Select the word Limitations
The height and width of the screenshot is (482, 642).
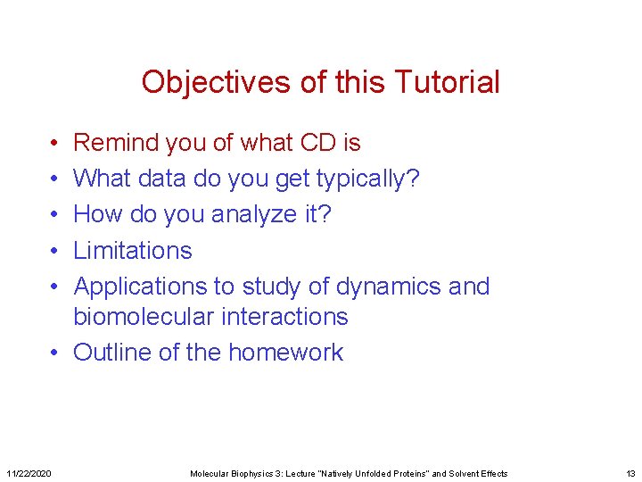133,251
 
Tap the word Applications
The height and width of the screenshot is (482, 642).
143,287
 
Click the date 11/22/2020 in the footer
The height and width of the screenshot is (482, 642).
29,473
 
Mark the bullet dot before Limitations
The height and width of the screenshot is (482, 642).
54,251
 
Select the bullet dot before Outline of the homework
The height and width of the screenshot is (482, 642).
54,353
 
